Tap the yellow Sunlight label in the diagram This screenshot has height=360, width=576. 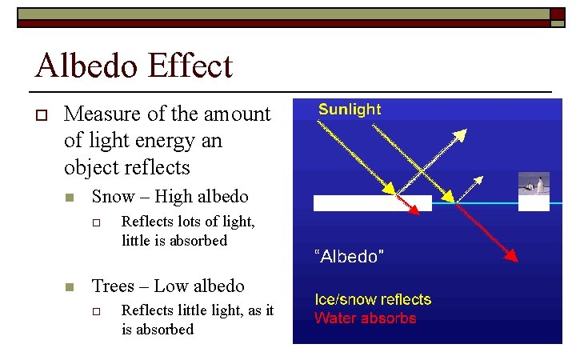point(350,110)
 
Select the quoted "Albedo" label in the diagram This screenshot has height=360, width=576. point(349,256)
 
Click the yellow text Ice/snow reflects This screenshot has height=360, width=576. point(373,300)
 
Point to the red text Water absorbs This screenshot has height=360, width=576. point(365,318)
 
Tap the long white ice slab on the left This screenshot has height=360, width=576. point(372,203)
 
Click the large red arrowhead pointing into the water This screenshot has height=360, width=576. point(511,255)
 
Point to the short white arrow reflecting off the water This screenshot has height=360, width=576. point(473,186)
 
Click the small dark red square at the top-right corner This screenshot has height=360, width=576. point(557,14)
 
